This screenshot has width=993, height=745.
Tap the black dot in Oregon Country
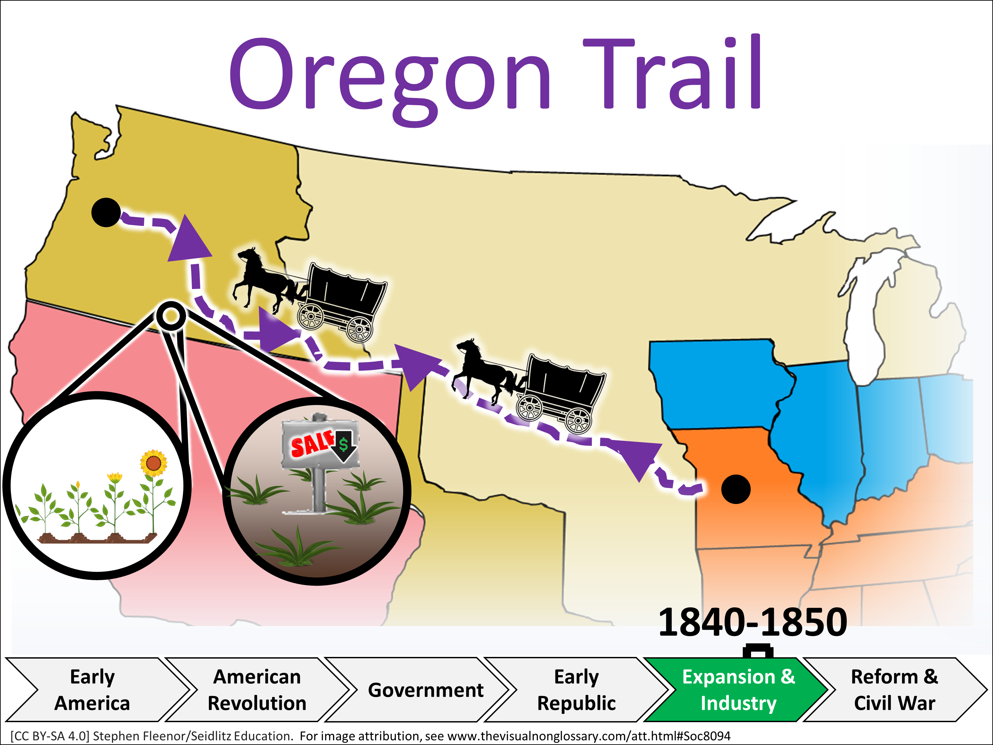point(106,213)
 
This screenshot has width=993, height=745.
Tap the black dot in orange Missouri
point(736,489)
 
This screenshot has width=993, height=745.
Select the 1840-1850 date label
point(752,622)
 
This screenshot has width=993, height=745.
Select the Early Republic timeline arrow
point(577,690)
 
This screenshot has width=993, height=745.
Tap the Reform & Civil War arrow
point(896,690)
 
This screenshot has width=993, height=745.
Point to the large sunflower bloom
point(154,463)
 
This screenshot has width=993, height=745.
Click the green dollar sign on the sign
point(344,445)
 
